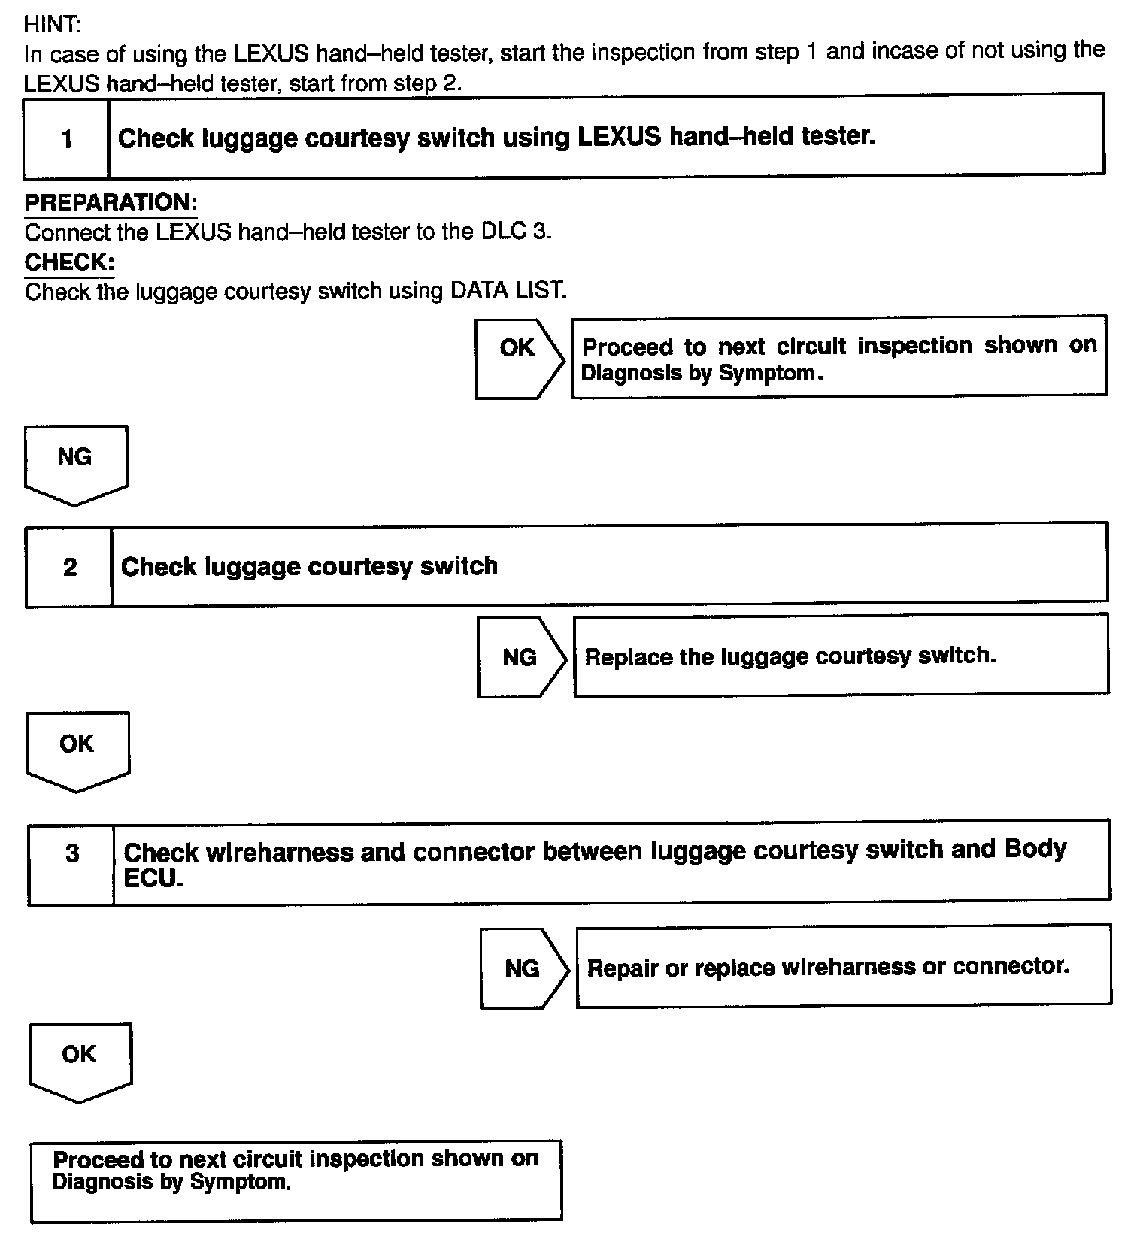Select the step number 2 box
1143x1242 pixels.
[69, 566]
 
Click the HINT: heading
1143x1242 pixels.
[52, 24]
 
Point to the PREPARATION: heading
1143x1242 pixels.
[111, 202]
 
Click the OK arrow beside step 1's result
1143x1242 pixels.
[518, 357]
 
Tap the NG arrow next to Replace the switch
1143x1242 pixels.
[520, 657]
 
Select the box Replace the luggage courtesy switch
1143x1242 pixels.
[841, 656]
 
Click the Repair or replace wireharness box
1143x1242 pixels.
[843, 966]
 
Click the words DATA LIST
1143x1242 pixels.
[508, 290]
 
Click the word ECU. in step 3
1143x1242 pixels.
[153, 878]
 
